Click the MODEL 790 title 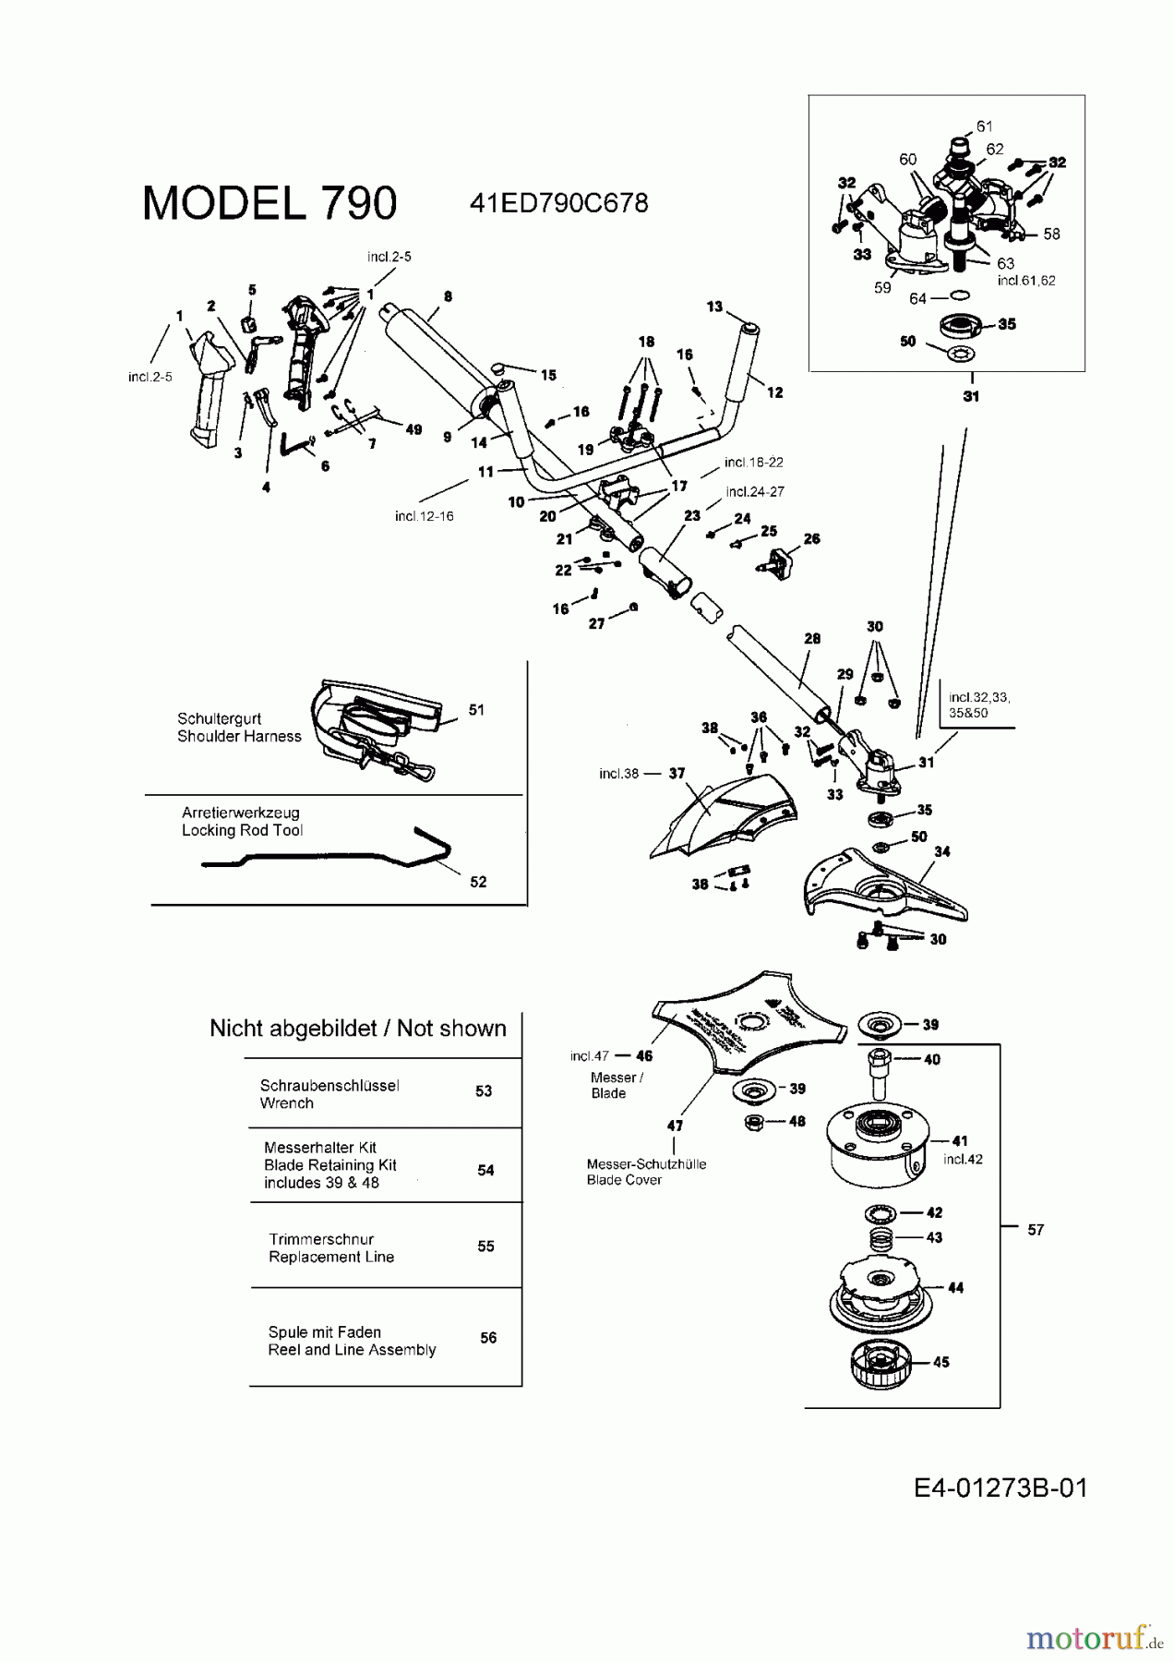tap(270, 203)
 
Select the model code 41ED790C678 tap(558, 203)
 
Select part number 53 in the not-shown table tap(484, 1091)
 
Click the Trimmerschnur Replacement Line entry tap(331, 1248)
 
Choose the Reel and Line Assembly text tap(352, 1350)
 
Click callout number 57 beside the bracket tap(1036, 1230)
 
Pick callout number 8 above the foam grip tap(448, 297)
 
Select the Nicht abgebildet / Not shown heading tap(358, 1029)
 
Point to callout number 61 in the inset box tap(984, 126)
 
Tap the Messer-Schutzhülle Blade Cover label tap(646, 1173)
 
